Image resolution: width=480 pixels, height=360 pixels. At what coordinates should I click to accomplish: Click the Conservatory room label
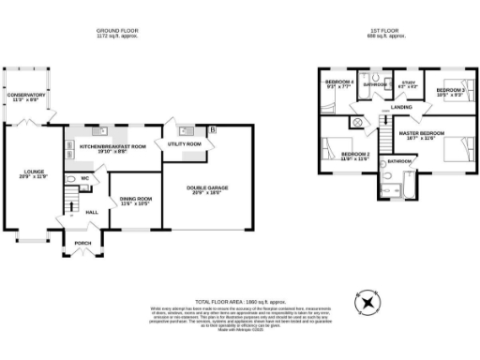25,97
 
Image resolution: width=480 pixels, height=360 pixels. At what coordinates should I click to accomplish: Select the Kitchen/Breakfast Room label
112,146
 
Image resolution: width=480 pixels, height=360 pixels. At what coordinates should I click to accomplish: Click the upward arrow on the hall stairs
67,198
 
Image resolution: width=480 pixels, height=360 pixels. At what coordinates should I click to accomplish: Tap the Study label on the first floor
407,84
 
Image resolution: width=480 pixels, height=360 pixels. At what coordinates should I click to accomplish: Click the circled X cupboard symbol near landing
356,123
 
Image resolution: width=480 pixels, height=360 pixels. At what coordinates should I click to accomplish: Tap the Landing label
401,108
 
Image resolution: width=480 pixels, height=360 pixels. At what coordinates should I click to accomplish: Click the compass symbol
367,302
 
